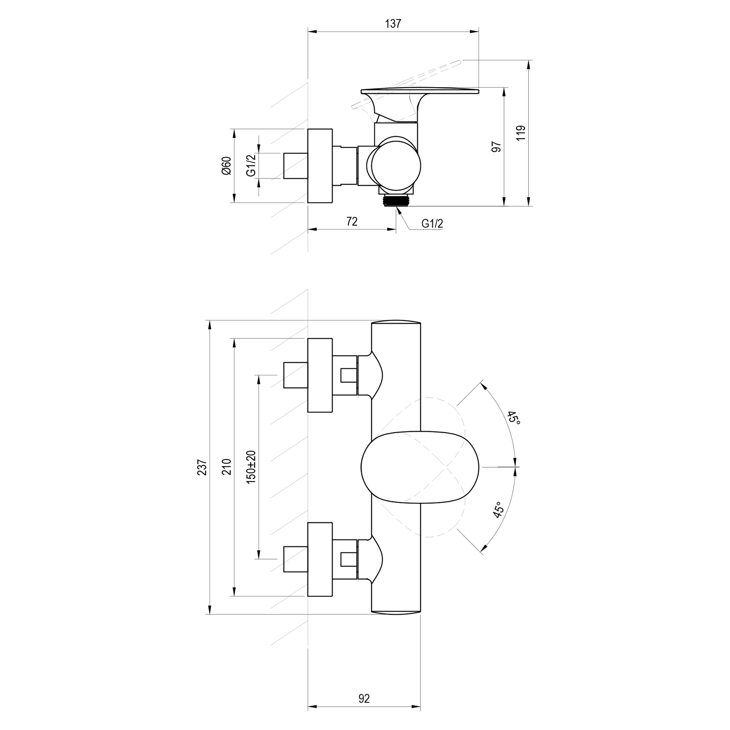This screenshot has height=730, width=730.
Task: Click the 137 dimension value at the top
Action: click(393, 23)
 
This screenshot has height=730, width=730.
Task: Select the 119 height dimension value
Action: click(521, 133)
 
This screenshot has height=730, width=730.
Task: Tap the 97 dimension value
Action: click(496, 147)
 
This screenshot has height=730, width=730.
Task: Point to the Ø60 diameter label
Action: click(226, 165)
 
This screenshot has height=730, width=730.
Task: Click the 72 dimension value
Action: click(352, 222)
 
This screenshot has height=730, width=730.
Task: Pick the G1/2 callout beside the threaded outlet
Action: click(432, 224)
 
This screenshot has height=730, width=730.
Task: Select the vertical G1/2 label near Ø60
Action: click(251, 165)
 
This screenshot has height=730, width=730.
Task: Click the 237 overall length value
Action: click(203, 467)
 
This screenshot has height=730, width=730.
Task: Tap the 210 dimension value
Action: click(226, 467)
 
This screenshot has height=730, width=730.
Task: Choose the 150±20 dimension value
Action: click(251, 467)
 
